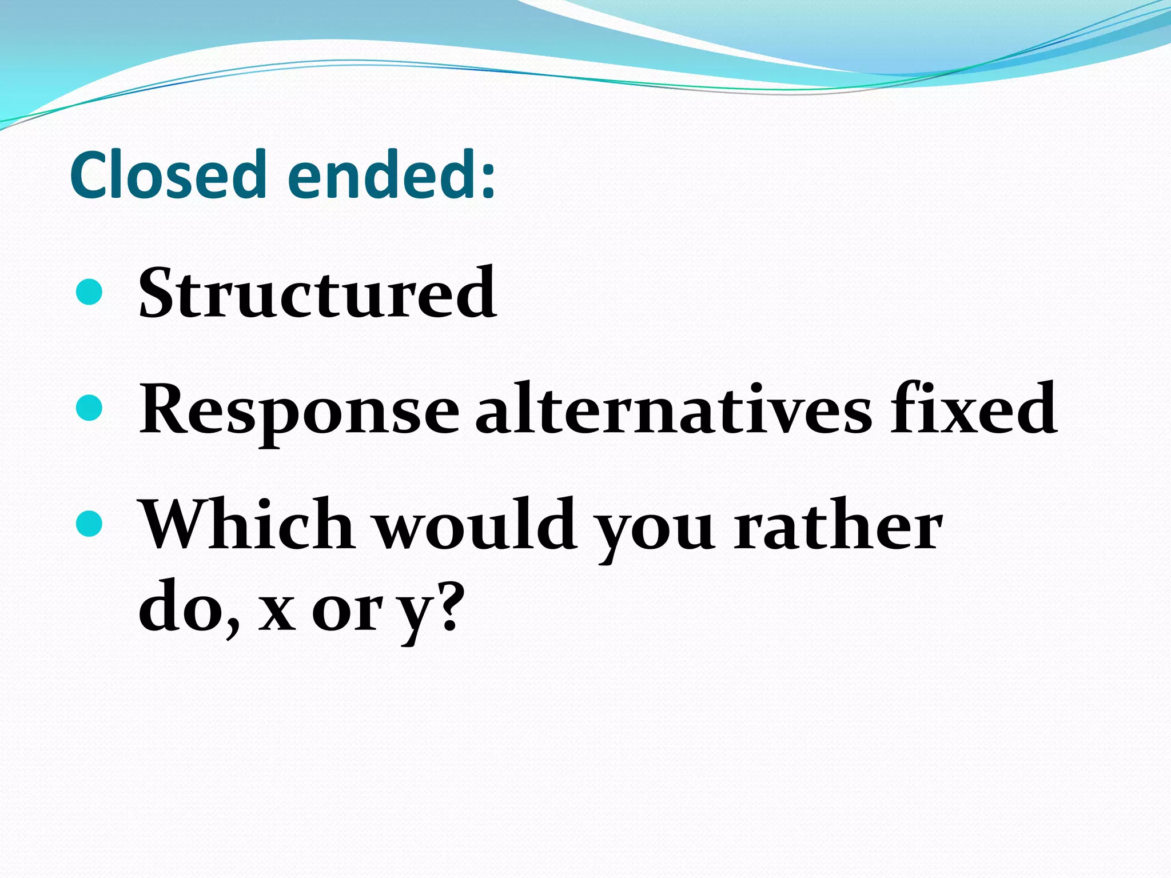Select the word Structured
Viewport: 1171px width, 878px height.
pos(317,294)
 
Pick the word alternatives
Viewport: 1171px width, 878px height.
pos(674,409)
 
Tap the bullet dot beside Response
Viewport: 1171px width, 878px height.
pos(89,408)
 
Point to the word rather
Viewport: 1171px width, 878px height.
pos(837,525)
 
